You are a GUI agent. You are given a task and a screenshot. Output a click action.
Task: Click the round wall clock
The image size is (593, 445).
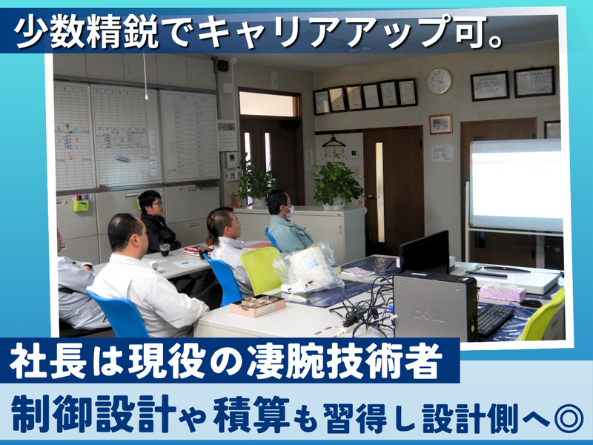(x=440, y=81)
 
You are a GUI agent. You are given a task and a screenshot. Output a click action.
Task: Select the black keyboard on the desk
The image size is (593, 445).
(x=495, y=319)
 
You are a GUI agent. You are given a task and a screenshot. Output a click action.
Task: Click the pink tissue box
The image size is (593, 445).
(x=503, y=291)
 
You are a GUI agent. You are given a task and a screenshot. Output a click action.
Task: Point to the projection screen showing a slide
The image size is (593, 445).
(x=516, y=185)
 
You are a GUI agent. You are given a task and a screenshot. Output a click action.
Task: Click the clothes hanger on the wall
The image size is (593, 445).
(x=334, y=142)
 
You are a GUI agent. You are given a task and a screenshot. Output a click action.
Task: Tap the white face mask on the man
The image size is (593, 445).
(x=289, y=212)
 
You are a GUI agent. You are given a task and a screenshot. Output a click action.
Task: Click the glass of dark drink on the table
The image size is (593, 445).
(x=165, y=250)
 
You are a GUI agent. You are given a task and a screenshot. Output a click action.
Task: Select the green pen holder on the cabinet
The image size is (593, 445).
(x=81, y=205)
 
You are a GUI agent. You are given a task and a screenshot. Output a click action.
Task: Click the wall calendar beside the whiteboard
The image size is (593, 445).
(x=228, y=136)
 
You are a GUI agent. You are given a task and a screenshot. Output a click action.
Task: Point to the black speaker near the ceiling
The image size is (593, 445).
(x=223, y=65)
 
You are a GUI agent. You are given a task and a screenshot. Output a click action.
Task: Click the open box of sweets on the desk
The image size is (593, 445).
(x=258, y=305)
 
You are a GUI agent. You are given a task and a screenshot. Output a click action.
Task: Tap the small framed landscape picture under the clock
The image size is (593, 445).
(x=440, y=124)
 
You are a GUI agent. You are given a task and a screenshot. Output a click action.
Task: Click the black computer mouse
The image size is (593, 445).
(x=531, y=303)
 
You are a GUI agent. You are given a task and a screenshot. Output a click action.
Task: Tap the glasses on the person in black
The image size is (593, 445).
(x=156, y=203)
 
